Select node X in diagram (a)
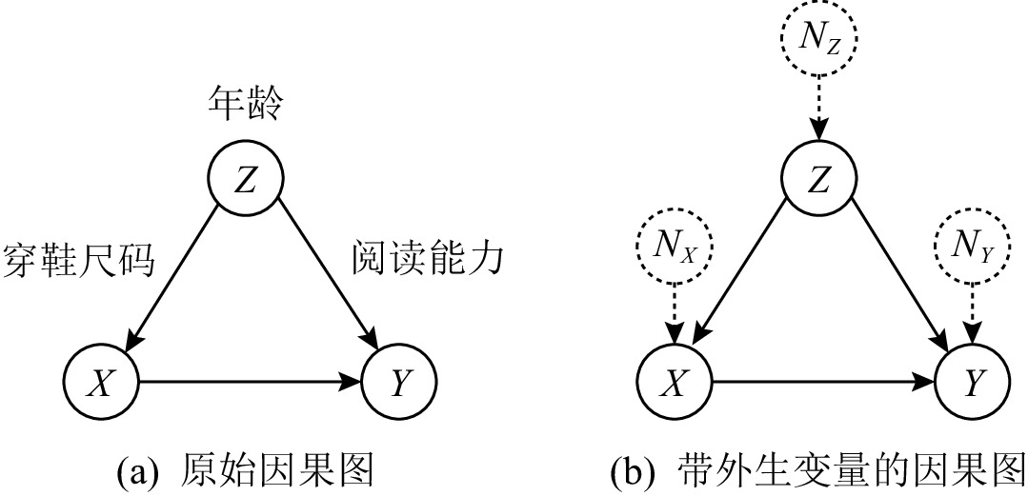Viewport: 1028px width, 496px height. (101, 383)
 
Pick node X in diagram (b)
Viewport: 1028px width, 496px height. (675, 383)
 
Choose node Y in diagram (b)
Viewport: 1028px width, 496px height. (973, 383)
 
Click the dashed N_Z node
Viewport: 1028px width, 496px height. (818, 41)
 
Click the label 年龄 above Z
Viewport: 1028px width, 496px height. (245, 104)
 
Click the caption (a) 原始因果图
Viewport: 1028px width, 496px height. (242, 471)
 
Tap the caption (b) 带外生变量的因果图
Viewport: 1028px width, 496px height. (817, 471)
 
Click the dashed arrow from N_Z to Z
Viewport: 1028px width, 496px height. (818, 109)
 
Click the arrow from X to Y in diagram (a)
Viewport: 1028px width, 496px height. (250, 383)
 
